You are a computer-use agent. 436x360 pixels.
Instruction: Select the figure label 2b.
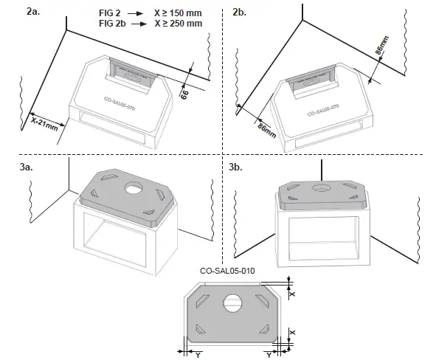(240, 13)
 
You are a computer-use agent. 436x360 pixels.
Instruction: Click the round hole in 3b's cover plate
(322, 189)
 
